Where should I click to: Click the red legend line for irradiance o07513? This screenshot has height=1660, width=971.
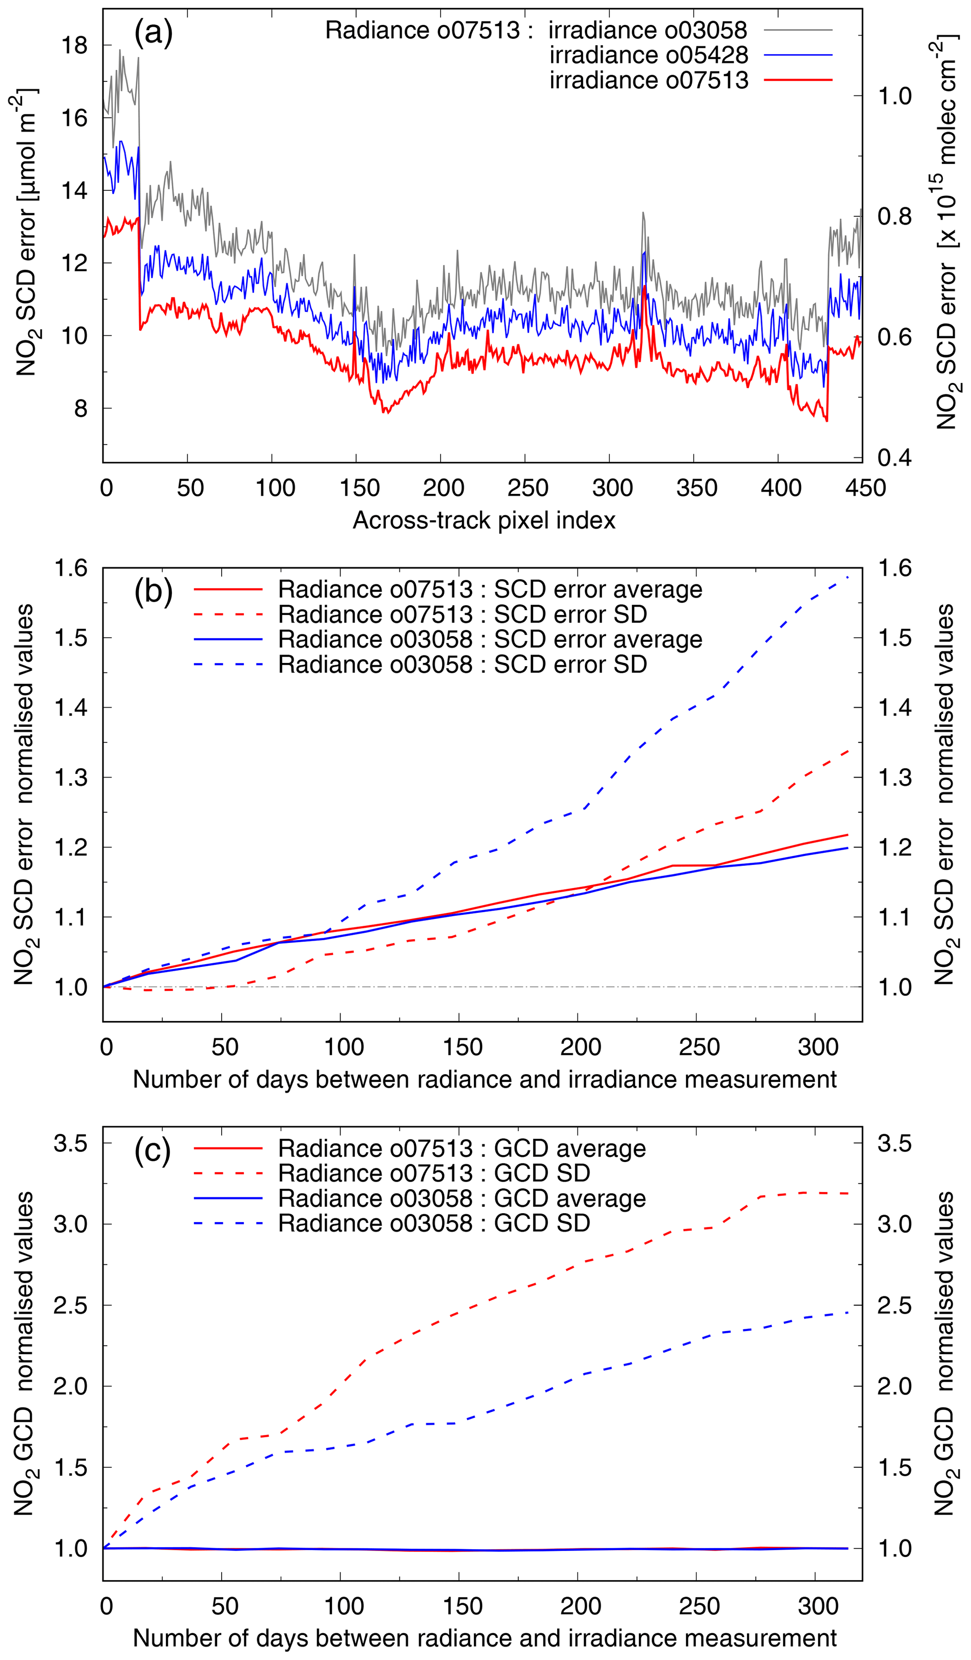[x=799, y=80]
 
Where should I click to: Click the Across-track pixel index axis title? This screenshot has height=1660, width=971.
[x=484, y=521]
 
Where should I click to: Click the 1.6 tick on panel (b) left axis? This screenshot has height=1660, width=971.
[x=70, y=568]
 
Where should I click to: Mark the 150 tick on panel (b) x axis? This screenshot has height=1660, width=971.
[x=462, y=1047]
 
